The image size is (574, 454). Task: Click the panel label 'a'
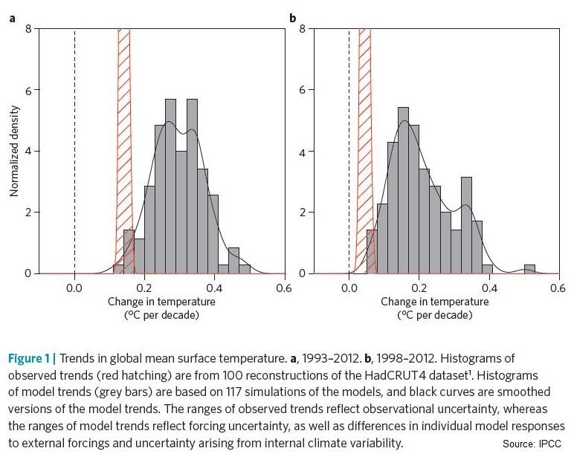tap(12, 17)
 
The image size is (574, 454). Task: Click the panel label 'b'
tap(292, 17)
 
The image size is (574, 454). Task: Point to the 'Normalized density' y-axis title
tap(13, 152)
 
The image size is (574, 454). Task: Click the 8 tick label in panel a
tap(28, 29)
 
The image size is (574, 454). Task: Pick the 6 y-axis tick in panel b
tap(301, 90)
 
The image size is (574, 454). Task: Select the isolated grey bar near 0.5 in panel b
tap(529, 269)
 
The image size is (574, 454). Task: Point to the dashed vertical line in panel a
tap(75, 149)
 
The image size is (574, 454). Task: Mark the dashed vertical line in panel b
tap(349, 149)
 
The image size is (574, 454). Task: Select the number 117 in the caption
tap(206, 392)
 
